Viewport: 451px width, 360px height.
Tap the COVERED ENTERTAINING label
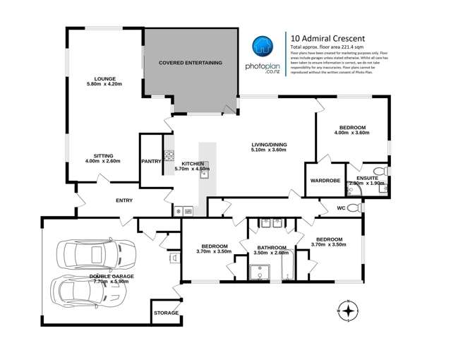coord(190,63)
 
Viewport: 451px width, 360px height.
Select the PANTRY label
coord(151,161)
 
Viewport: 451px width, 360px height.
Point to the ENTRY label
coord(124,200)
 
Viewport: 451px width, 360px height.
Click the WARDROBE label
coord(325,181)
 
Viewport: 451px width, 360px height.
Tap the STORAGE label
coord(167,313)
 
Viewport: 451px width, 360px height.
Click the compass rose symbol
coord(349,310)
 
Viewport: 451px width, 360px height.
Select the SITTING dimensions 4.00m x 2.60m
coord(103,161)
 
